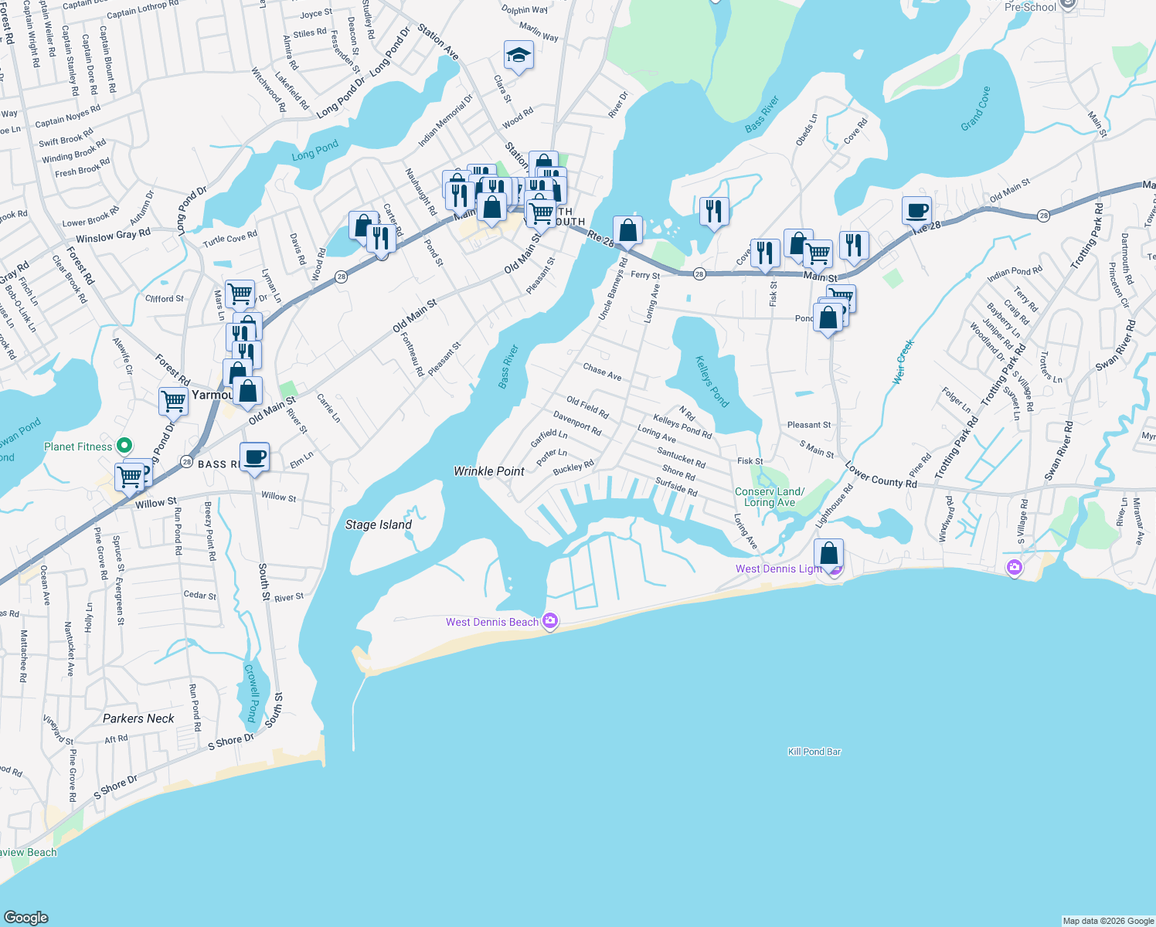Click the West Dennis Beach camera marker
pos(550,621)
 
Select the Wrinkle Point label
pos(488,471)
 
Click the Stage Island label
pos(378,525)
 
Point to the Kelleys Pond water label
pos(712,381)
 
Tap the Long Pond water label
pos(315,150)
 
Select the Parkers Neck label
pos(138,718)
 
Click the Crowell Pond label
pos(251,693)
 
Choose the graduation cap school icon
pos(518,56)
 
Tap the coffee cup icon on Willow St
pos(254,457)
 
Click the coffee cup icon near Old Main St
pos(916,210)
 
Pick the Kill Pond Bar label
pos(814,752)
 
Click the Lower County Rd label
pos(881,475)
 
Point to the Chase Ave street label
pos(602,372)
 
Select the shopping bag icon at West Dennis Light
pos(828,554)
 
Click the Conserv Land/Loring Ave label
pos(769,497)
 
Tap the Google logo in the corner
pos(25,917)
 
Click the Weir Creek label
pos(903,362)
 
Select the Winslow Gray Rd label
pos(113,236)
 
